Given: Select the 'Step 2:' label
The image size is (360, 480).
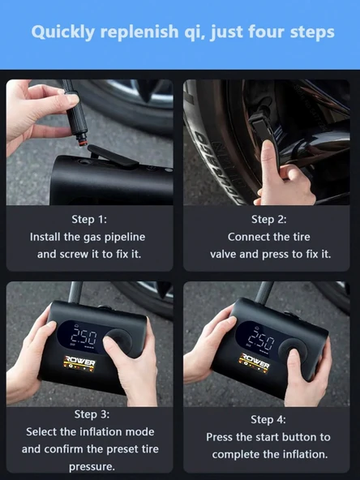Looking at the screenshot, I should click(x=268, y=219).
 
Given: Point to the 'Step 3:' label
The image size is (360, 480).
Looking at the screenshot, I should click(x=90, y=414).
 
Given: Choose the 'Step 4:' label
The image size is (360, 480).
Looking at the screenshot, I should click(x=268, y=419).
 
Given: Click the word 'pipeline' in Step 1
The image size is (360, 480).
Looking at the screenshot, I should click(x=129, y=237).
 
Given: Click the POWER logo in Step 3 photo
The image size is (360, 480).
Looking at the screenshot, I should click(x=81, y=362).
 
